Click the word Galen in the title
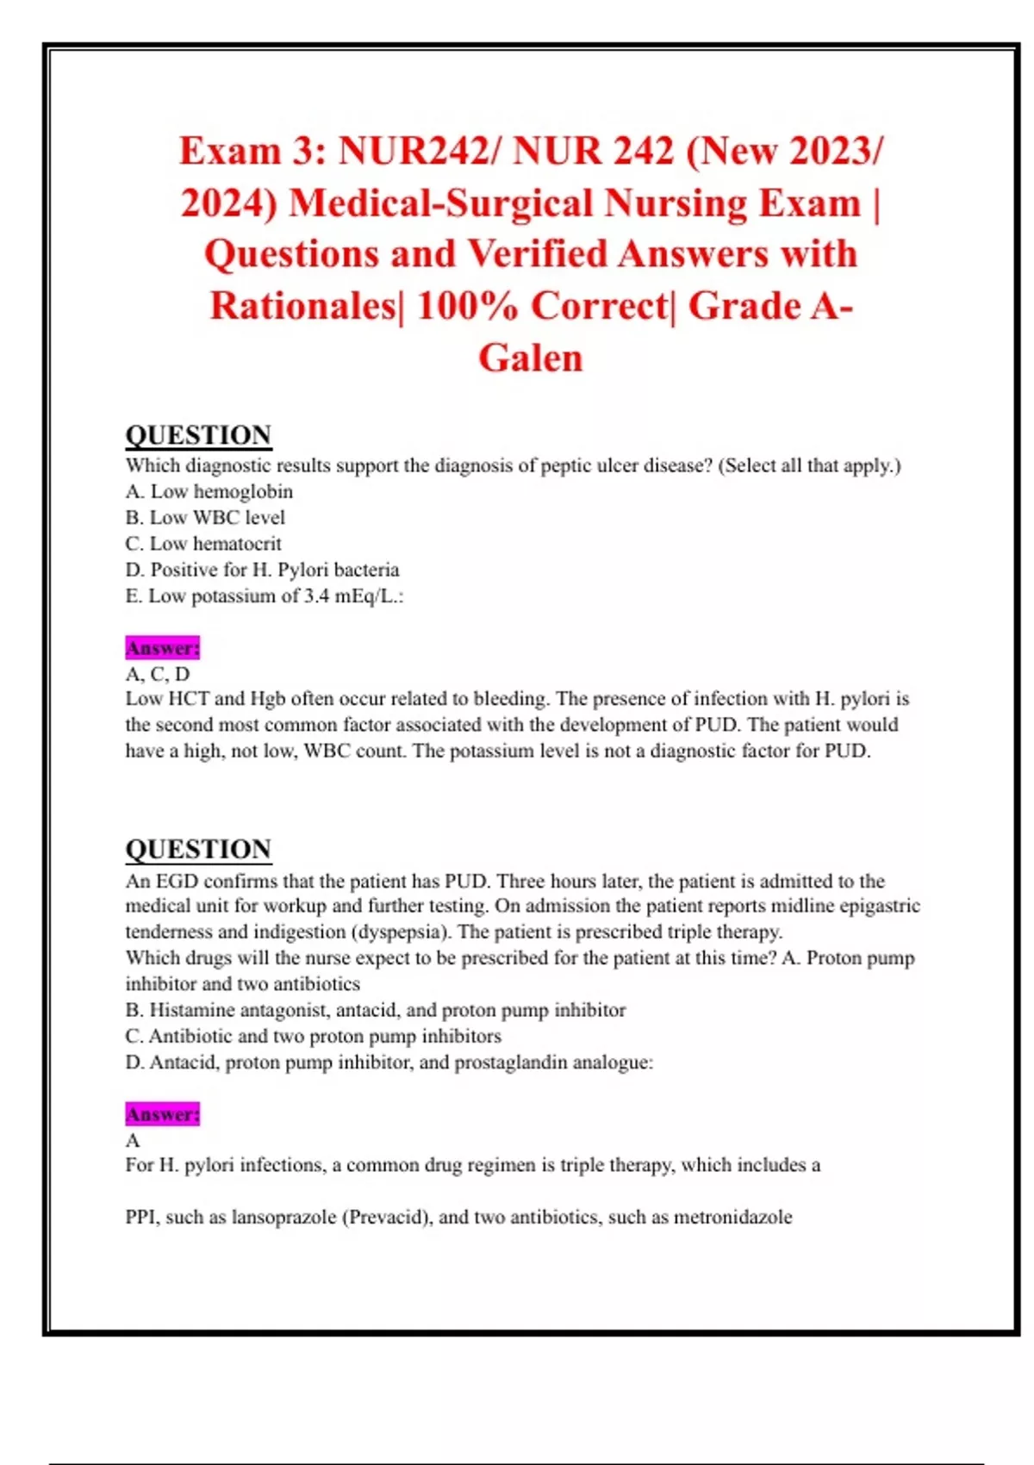(531, 358)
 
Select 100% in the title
(466, 307)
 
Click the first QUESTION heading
(198, 435)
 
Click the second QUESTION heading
(198, 849)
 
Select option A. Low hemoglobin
(209, 491)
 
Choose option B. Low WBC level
(205, 517)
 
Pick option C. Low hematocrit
(203, 544)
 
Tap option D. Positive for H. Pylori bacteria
(262, 570)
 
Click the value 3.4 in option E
(317, 596)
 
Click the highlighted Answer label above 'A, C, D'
(162, 648)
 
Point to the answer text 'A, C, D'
(158, 674)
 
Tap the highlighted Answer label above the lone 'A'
(162, 1114)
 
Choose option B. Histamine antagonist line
(376, 1010)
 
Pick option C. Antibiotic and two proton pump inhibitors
(314, 1036)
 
